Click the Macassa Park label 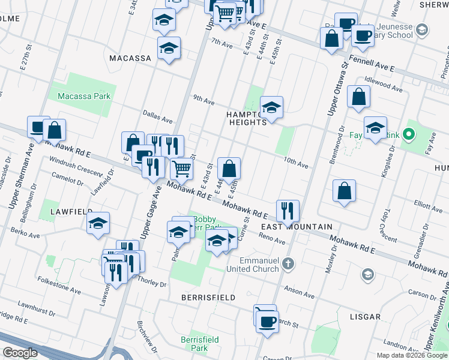coord(84,96)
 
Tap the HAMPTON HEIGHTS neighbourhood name coord(246,118)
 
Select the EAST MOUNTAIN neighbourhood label coord(297,226)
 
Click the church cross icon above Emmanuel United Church coord(288,263)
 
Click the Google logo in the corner coord(19,353)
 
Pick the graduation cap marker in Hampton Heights coord(271,108)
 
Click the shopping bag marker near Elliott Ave coord(345,191)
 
